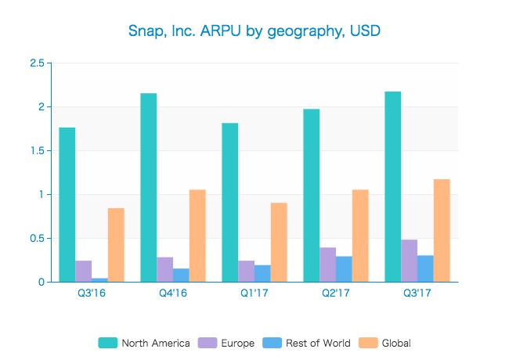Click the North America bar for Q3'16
67,204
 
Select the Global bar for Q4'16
197,236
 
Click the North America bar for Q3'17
393,187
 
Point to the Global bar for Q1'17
279,242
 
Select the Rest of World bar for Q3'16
100,279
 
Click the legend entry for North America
145,343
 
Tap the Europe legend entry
228,343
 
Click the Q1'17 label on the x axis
254,294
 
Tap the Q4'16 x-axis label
173,294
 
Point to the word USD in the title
365,31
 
